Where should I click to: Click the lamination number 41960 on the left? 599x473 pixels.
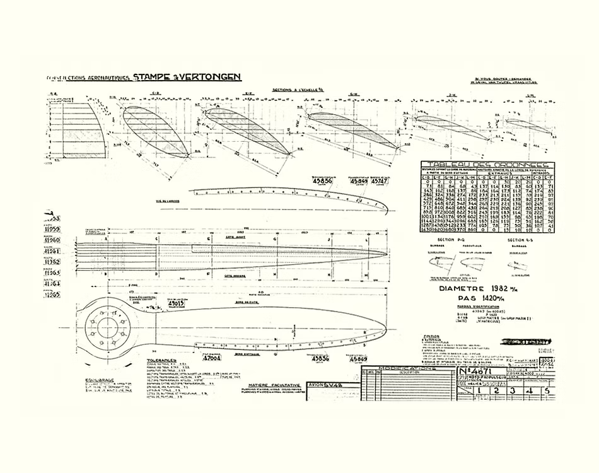51,240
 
